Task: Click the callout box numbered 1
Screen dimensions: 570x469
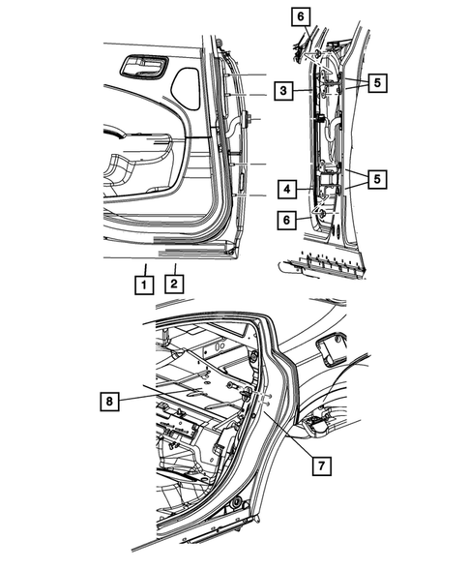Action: [x=142, y=285]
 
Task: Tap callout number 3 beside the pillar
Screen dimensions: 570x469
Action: [x=283, y=91]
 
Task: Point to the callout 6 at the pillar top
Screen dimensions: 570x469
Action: [x=300, y=15]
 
